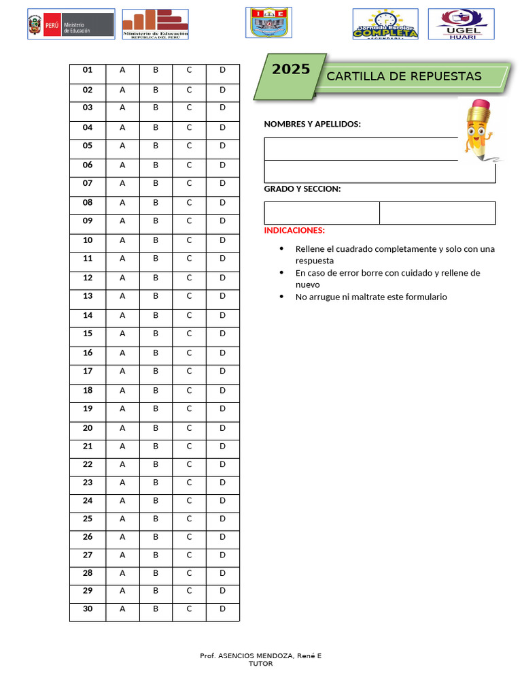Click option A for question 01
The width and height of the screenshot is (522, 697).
point(122,70)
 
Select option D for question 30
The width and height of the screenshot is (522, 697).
point(222,609)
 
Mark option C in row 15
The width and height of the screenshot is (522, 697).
point(190,334)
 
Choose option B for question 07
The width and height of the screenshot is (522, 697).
point(156,183)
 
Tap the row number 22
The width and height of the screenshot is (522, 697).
point(88,464)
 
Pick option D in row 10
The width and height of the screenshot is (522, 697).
point(222,240)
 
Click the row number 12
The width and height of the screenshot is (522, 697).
point(88,278)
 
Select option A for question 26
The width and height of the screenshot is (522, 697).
point(122,536)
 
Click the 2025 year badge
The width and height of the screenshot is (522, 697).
point(291,69)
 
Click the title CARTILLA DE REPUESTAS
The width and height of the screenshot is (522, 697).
point(404,76)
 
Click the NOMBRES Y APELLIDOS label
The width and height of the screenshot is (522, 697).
point(312,124)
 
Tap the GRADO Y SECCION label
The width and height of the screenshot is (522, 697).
point(302,189)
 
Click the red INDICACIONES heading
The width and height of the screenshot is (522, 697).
point(294,231)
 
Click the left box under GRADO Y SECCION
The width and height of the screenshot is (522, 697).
point(321,213)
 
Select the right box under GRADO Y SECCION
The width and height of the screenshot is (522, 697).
point(437,213)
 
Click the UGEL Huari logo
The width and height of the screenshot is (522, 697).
point(461,24)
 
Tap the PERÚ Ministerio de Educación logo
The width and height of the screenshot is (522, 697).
point(71,25)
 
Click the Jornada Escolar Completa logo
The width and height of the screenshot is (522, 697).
point(385,24)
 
